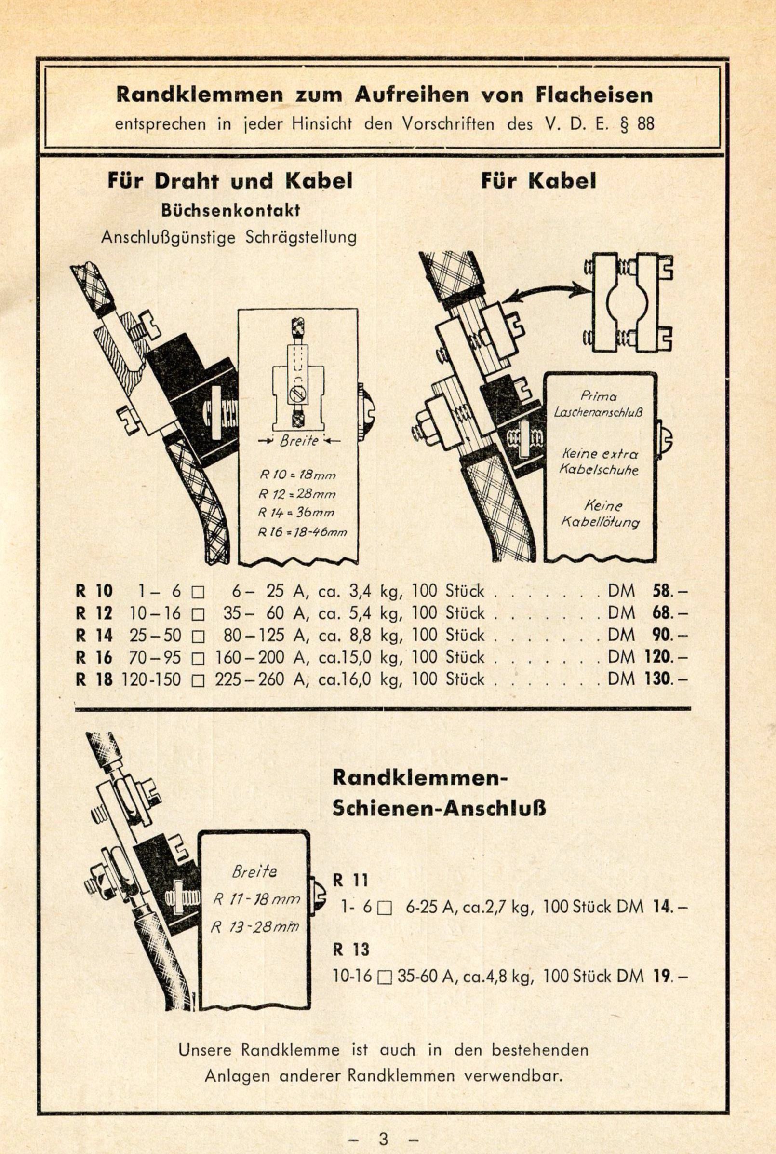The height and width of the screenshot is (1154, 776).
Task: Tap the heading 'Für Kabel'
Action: (x=538, y=182)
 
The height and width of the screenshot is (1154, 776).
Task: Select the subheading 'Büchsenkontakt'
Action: (x=230, y=211)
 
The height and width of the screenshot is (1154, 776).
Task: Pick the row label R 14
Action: (x=94, y=635)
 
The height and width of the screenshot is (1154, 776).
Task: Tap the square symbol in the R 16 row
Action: (x=198, y=658)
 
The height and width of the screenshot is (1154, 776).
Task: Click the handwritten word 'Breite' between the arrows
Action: (x=299, y=441)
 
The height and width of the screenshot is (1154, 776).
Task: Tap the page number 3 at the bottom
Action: (x=384, y=1125)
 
